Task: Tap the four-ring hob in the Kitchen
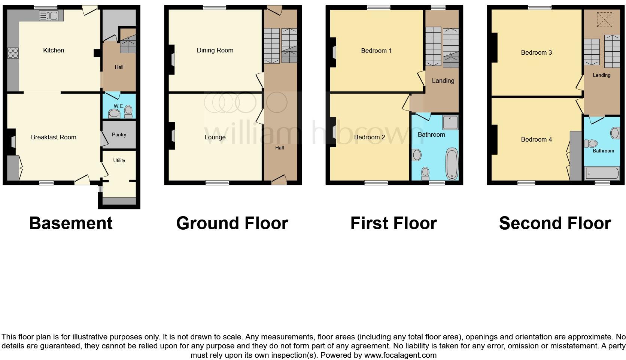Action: [x=13, y=53]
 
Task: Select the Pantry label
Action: [x=119, y=135]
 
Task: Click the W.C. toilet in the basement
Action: [x=128, y=111]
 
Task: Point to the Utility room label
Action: [x=119, y=161]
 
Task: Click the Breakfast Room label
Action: [x=54, y=137]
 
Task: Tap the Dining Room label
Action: [x=215, y=51]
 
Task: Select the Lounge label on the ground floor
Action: [x=215, y=137]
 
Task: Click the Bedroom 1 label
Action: [x=376, y=51]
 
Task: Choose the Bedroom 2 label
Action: [x=370, y=137]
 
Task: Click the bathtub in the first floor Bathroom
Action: [x=452, y=164]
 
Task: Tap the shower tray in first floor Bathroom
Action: [x=450, y=122]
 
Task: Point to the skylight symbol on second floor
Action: [x=604, y=19]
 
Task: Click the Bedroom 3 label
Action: [x=537, y=53]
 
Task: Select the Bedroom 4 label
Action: [x=537, y=140]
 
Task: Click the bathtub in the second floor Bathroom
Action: [x=602, y=173]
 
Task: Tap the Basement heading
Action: [x=71, y=223]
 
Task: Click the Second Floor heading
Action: [x=555, y=223]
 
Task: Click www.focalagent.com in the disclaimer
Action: [x=400, y=355]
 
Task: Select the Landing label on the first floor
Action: [x=443, y=81]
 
